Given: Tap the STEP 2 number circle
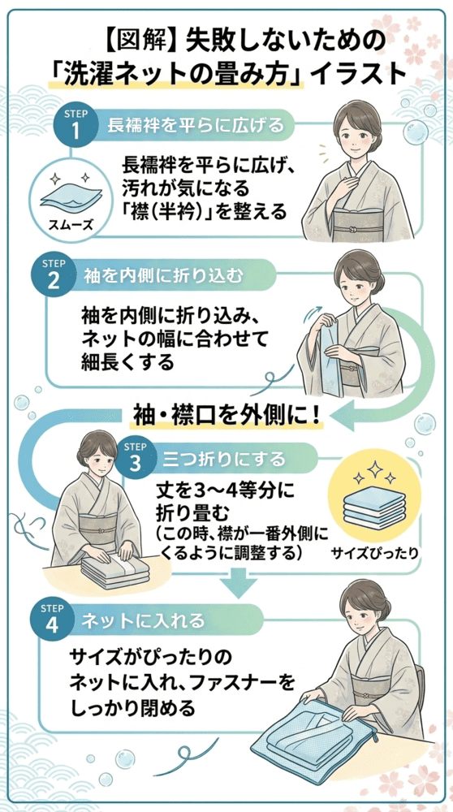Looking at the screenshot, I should [53, 274].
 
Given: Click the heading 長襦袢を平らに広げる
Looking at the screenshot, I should [196, 125].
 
